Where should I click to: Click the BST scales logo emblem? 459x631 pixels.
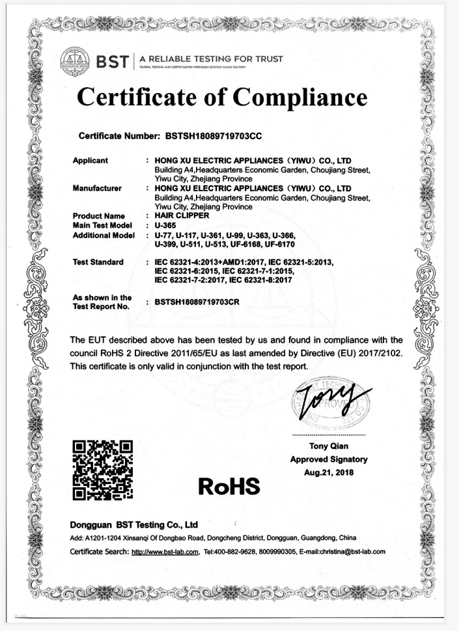click(x=74, y=60)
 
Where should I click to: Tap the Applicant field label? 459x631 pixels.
click(x=90, y=160)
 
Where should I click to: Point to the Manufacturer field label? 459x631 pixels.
click(x=97, y=189)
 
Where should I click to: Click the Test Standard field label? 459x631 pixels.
click(x=98, y=262)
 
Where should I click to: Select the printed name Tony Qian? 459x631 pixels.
click(x=329, y=446)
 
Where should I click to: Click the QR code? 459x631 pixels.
click(x=103, y=470)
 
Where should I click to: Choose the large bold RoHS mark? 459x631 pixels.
click(x=229, y=485)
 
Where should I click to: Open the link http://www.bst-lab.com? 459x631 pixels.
click(x=164, y=552)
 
